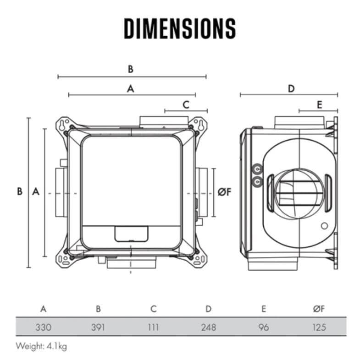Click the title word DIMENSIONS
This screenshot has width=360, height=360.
pyautogui.click(x=180, y=28)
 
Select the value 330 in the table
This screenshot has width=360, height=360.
pyautogui.click(x=43, y=327)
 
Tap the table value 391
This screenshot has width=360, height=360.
pyautogui.click(x=98, y=327)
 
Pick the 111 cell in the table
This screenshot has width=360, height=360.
pyautogui.click(x=153, y=327)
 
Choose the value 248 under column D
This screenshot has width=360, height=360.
pyautogui.click(x=209, y=327)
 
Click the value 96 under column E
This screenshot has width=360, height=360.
pyautogui.click(x=264, y=327)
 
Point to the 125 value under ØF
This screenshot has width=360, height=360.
pyautogui.click(x=319, y=327)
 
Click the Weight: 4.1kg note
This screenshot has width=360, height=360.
pyautogui.click(x=42, y=346)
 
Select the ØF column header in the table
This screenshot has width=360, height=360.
pyautogui.click(x=319, y=309)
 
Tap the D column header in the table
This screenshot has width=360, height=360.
pyautogui.click(x=209, y=309)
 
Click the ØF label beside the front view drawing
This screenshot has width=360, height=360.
pyautogui.click(x=224, y=192)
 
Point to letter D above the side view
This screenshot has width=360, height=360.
pyautogui.click(x=291, y=88)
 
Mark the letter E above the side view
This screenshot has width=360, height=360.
pyautogui.click(x=320, y=104)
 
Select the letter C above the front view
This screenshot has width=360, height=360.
pyautogui.click(x=186, y=104)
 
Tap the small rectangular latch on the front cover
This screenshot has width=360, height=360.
pyautogui.click(x=132, y=234)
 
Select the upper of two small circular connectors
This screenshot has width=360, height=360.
pyautogui.click(x=257, y=169)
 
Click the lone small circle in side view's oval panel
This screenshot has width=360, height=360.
pyautogui.click(x=325, y=226)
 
